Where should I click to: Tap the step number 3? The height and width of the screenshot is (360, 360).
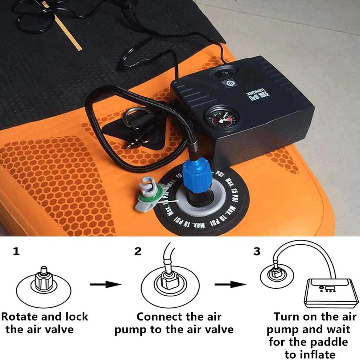257,252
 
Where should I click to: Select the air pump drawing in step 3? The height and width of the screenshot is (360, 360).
330,292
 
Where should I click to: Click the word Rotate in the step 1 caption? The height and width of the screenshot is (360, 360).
20,316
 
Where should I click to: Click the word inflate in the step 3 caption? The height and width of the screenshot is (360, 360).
310,354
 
